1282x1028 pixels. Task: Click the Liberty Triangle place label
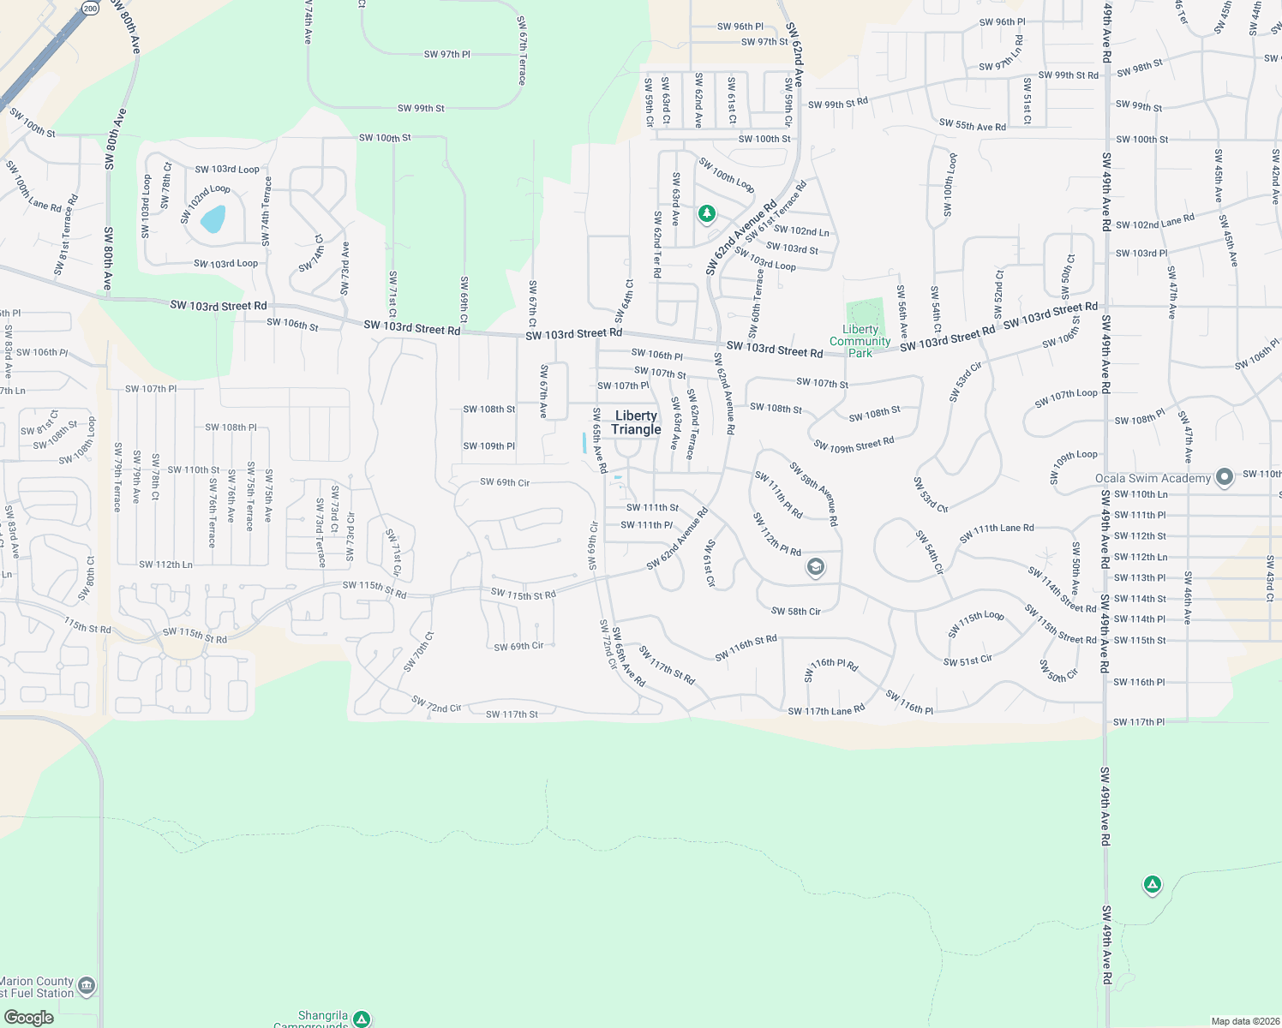click(x=636, y=422)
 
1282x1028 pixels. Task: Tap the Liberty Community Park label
click(x=860, y=341)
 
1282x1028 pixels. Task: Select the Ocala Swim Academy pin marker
click(x=1225, y=477)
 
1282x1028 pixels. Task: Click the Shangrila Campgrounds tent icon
click(x=362, y=1019)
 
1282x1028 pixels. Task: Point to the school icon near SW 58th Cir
click(x=816, y=566)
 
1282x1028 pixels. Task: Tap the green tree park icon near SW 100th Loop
click(x=706, y=212)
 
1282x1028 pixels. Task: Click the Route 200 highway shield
click(x=91, y=8)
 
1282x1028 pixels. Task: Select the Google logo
click(x=28, y=1017)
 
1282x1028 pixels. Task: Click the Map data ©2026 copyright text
click(x=1244, y=1021)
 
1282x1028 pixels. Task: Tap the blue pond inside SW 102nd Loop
click(x=213, y=219)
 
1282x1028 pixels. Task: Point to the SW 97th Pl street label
click(x=446, y=54)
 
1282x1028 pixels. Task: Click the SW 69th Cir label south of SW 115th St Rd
click(x=518, y=646)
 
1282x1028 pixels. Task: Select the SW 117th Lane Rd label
click(x=826, y=710)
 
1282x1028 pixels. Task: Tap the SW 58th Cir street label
click(x=795, y=611)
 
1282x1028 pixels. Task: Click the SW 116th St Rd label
click(x=746, y=648)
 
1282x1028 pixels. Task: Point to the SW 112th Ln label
click(x=165, y=565)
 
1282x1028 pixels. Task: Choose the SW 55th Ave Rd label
click(x=972, y=125)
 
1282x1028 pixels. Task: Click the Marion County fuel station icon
click(x=87, y=986)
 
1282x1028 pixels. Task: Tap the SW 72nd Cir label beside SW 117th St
click(x=436, y=705)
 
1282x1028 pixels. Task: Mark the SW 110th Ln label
click(x=1141, y=494)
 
